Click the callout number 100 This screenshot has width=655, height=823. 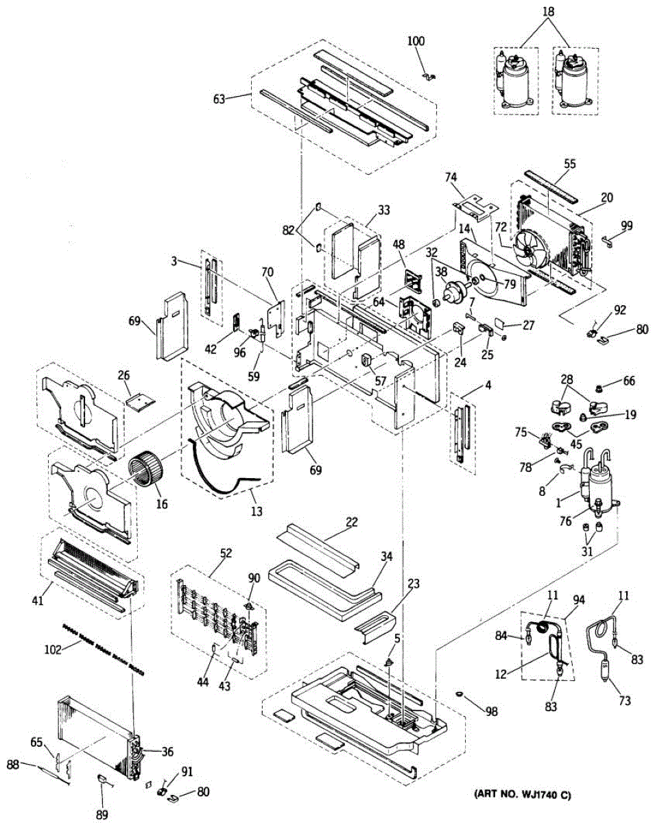click(x=416, y=41)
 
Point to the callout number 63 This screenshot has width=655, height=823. click(x=219, y=99)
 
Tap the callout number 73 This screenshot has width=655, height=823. click(x=623, y=701)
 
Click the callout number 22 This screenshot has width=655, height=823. click(x=351, y=523)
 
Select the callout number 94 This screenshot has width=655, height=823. click(x=580, y=599)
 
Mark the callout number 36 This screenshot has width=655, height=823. click(x=167, y=750)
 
